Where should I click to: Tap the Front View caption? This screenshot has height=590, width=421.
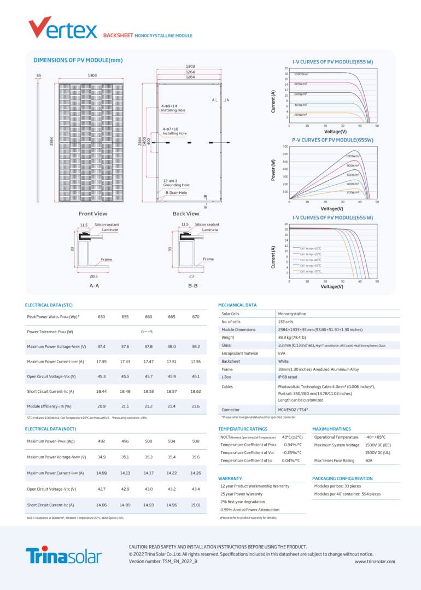[x=93, y=214]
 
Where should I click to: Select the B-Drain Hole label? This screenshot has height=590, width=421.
[x=176, y=193]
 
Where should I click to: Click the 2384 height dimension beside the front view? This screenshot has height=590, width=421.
[x=51, y=141]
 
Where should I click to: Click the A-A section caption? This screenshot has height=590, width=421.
[x=94, y=286]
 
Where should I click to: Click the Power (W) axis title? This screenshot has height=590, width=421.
[x=273, y=170]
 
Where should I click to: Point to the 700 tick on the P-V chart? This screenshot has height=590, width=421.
[x=285, y=146]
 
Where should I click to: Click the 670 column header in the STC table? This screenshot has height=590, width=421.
[x=196, y=317]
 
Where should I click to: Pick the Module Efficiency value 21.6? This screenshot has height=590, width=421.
[x=196, y=406]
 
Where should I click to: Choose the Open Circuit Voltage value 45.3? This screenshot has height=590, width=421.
[x=101, y=376]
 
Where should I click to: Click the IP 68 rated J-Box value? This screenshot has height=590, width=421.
[x=288, y=377]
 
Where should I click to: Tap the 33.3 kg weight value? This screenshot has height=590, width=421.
[x=291, y=338]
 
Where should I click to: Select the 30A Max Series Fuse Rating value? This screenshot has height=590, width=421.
[x=369, y=461]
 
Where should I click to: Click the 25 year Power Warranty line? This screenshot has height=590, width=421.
[x=241, y=494]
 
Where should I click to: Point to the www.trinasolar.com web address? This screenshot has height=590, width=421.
[x=375, y=562]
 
